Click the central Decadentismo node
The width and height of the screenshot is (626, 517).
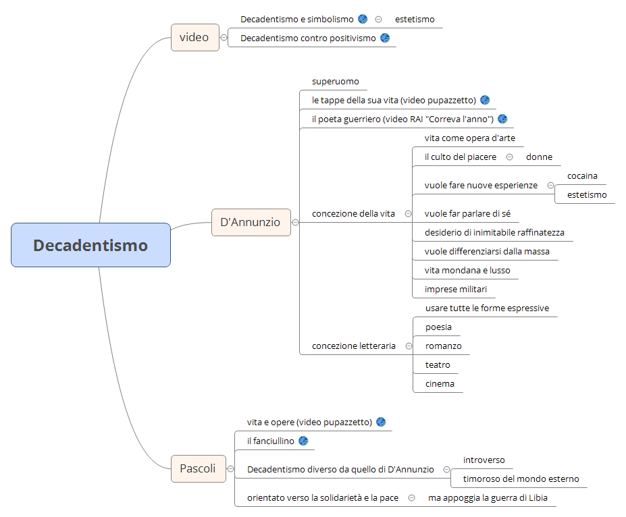(x=90, y=245)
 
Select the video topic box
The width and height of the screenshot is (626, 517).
(x=194, y=37)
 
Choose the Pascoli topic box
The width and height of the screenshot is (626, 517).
(x=198, y=468)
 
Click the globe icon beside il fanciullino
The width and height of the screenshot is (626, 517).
(x=303, y=441)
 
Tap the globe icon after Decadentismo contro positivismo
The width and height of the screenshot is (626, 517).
(x=385, y=38)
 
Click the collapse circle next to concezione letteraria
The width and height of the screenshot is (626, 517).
(x=409, y=346)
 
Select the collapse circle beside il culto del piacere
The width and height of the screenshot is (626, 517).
(x=509, y=157)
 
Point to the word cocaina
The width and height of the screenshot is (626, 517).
(x=582, y=175)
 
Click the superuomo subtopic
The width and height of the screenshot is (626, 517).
(x=335, y=81)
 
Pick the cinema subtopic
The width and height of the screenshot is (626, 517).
(x=439, y=383)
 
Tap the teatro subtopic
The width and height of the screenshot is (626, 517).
(x=437, y=364)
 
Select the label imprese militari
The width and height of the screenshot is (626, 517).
(x=455, y=289)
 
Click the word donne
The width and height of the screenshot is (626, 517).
(x=539, y=157)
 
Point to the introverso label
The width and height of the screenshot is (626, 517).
(x=484, y=460)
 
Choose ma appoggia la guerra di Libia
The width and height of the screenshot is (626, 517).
(x=488, y=497)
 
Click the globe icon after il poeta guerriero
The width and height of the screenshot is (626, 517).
(x=502, y=119)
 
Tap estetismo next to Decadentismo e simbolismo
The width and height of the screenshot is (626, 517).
(x=415, y=19)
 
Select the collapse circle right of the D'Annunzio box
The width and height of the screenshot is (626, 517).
(x=295, y=222)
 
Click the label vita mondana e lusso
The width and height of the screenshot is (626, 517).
(x=467, y=270)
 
